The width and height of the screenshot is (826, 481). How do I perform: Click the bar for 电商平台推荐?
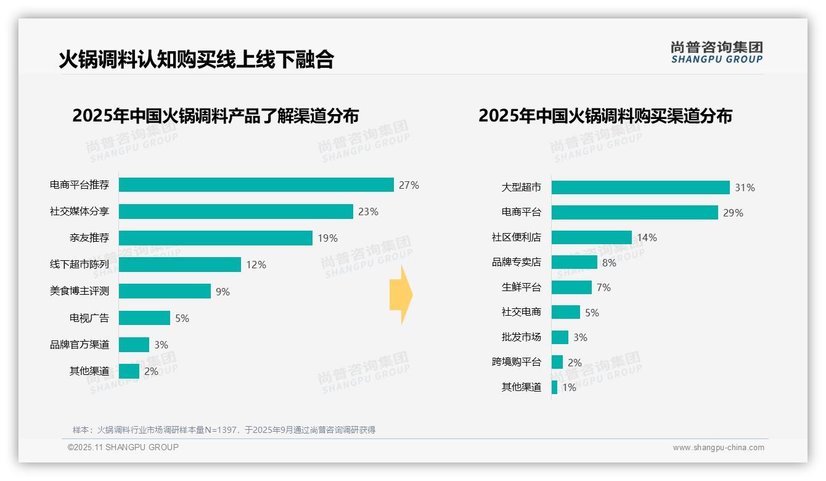[x=256, y=185]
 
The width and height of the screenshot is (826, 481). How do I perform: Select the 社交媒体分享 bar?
[x=235, y=212]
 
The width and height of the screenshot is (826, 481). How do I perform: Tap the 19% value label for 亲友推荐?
[x=328, y=238]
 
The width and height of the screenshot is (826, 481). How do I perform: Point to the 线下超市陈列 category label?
[x=80, y=265]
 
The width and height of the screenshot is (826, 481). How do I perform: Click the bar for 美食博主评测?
[x=165, y=291]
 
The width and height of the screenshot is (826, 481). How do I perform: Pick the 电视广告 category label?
[x=89, y=318]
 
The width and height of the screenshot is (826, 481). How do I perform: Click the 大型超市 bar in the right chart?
[x=640, y=187]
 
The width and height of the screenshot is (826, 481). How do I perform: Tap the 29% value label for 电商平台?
[x=734, y=213]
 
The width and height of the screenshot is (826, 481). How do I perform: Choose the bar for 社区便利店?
[x=591, y=237]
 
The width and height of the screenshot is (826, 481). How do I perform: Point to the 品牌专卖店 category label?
[x=517, y=262]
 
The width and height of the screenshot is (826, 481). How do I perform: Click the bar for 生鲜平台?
[x=571, y=287]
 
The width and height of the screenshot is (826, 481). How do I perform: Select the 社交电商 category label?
[x=521, y=312]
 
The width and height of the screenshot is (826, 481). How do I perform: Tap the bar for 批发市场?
[x=560, y=337]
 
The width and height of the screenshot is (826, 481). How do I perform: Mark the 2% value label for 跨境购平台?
[x=575, y=363]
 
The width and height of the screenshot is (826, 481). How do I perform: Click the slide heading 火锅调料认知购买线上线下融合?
[x=196, y=59]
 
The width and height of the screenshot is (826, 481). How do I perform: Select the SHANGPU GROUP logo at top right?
[x=716, y=52]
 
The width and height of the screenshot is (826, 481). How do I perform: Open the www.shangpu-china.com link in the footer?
[x=718, y=448]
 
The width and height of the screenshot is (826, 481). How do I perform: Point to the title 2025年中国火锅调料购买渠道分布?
[x=605, y=116]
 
